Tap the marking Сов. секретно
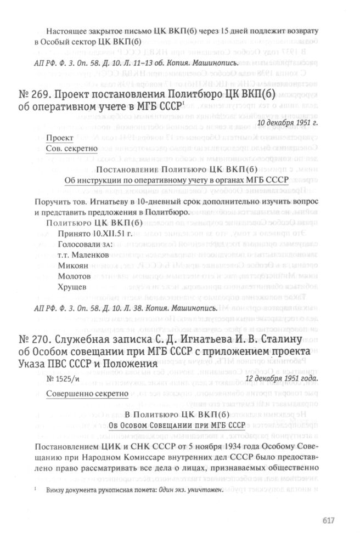72,148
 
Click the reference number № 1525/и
67,378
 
